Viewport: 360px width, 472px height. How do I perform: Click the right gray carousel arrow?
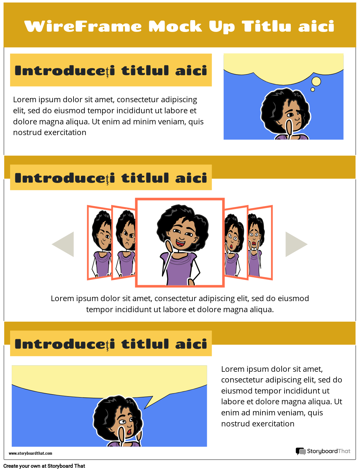click(294, 244)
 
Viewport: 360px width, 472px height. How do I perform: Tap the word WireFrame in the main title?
click(83, 26)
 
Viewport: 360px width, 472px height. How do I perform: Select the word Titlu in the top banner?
click(266, 26)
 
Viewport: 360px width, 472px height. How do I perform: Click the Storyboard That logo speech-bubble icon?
click(300, 451)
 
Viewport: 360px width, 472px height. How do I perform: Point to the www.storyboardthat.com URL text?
click(30, 453)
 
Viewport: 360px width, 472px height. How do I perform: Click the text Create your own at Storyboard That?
click(44, 466)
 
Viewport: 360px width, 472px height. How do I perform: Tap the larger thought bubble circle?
click(316, 81)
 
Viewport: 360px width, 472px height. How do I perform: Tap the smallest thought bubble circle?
click(313, 90)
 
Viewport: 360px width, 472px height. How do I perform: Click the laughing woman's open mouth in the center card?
click(180, 243)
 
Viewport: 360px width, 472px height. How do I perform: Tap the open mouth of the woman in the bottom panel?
click(129, 432)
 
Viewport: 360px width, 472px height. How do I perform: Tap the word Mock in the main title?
click(175, 26)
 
